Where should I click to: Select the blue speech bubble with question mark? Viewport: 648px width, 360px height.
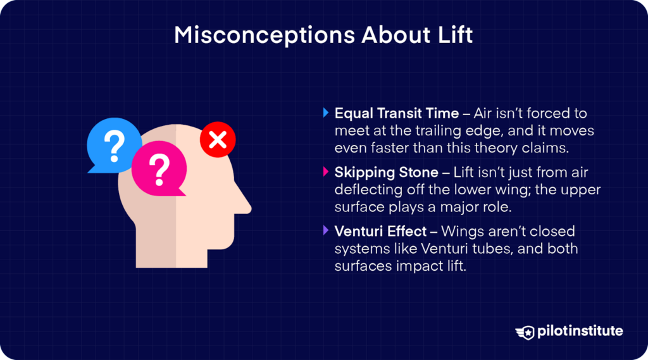114,145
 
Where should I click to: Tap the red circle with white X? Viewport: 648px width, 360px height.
218,140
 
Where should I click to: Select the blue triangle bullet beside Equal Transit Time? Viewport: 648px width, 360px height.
326,113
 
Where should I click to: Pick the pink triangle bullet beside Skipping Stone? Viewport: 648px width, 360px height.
326,171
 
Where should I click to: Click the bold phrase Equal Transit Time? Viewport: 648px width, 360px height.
397,113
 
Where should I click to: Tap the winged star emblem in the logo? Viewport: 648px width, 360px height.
525,332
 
